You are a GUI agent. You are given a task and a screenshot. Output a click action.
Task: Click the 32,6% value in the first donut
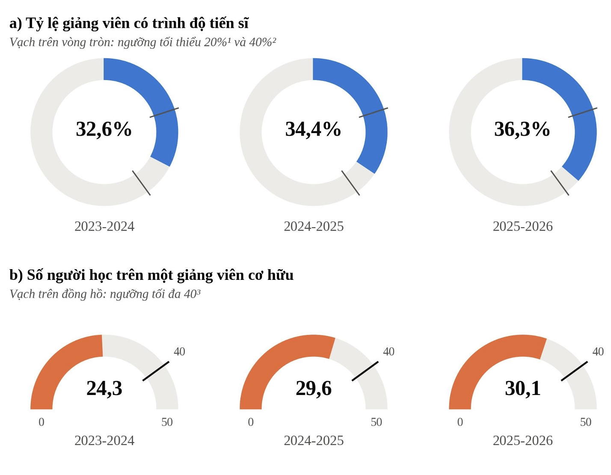(x=104, y=129)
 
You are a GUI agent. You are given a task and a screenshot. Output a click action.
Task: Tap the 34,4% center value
(x=313, y=129)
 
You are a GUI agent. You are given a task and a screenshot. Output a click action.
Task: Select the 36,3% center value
(x=522, y=129)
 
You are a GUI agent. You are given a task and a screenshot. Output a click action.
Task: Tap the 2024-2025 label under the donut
(x=314, y=226)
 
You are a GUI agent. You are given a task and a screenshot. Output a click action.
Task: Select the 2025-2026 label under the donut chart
(x=523, y=226)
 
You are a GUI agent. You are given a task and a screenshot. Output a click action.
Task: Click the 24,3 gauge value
(x=104, y=389)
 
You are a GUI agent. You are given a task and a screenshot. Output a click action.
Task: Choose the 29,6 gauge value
(x=314, y=389)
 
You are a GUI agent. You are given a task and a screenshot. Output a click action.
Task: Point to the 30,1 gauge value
(x=523, y=389)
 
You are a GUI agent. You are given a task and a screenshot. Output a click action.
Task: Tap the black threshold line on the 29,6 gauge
(x=365, y=371)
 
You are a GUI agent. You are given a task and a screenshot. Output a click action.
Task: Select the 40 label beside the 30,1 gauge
(x=598, y=351)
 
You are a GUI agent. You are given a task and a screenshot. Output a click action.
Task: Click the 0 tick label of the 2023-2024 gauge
(x=42, y=422)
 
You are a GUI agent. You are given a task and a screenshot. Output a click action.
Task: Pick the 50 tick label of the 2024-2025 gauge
(x=376, y=422)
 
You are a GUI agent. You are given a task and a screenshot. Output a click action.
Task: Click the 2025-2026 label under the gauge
(x=523, y=440)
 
